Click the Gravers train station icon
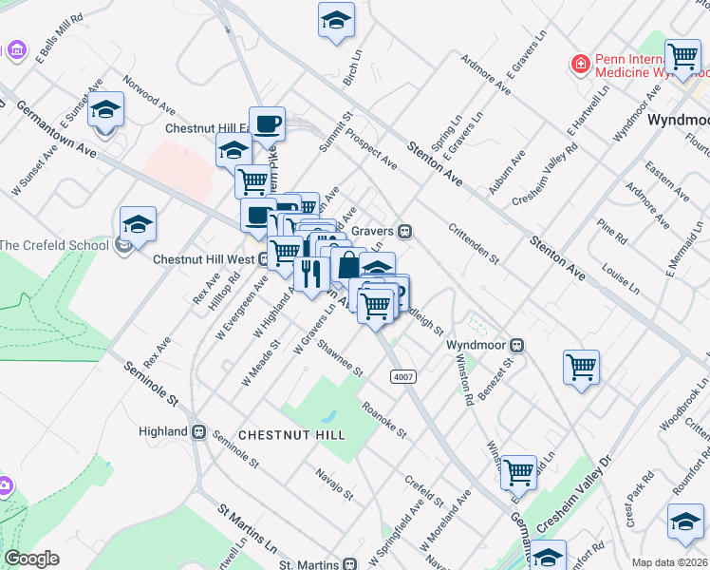[x=405, y=231]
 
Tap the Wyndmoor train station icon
[x=518, y=345]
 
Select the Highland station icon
[x=199, y=431]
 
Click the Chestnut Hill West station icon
[x=262, y=258]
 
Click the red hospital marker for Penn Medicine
[x=579, y=65]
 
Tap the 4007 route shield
[x=403, y=377]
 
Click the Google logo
[x=31, y=559]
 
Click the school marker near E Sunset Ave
[x=106, y=110]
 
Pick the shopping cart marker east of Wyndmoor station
[x=580, y=366]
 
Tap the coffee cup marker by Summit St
[x=267, y=122]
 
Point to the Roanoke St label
[x=384, y=419]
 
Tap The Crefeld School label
[x=55, y=245]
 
